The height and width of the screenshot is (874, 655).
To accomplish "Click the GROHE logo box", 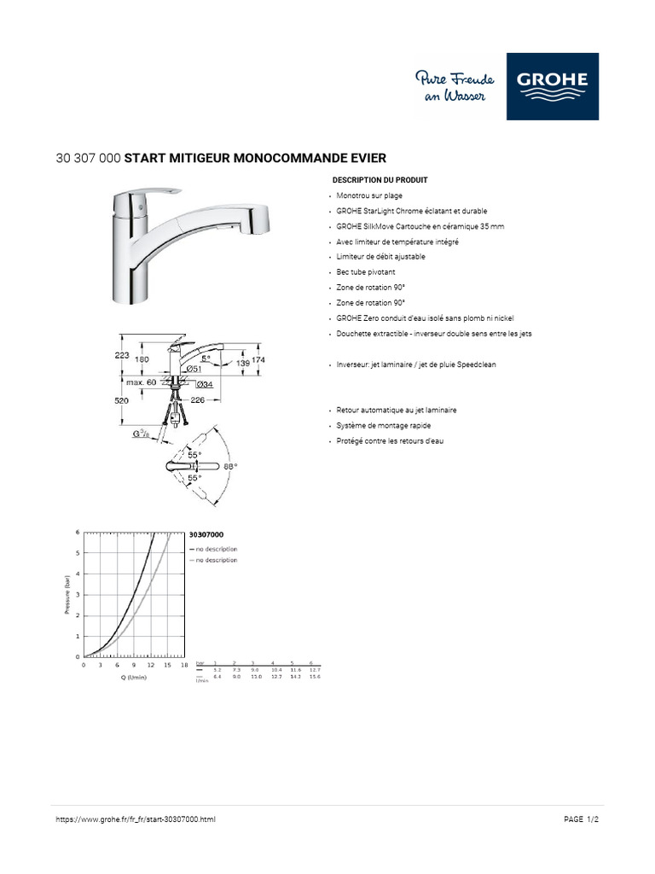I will point(553,86).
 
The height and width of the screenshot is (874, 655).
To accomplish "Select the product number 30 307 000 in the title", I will point(88,158).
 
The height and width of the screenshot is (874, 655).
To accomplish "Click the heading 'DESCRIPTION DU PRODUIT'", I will point(380,180).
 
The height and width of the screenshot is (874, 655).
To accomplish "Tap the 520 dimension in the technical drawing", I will point(121,400).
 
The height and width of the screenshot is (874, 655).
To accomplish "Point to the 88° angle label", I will point(229,467).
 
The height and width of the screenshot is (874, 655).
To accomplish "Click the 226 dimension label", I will point(198,399).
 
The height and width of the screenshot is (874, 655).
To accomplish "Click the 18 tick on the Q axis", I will point(184,665).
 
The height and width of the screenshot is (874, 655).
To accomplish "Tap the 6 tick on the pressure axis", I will point(78,532).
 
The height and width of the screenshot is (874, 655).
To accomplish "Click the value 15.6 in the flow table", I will point(315,677).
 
